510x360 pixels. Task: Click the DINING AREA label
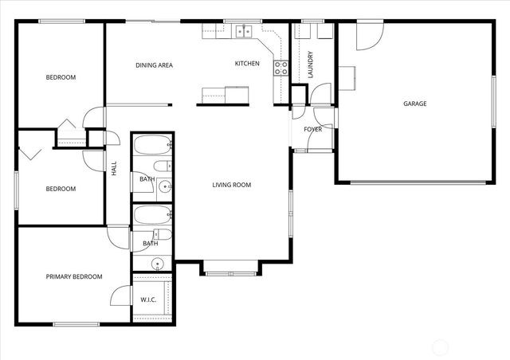pyautogui.click(x=154, y=65)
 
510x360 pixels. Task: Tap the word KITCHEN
pyautogui.click(x=246, y=64)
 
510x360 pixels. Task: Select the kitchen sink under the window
pyautogui.click(x=243, y=32)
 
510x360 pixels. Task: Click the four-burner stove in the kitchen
pyautogui.click(x=280, y=68)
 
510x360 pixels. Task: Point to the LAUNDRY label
pyautogui.click(x=309, y=64)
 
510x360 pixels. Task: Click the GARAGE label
pyautogui.click(x=414, y=104)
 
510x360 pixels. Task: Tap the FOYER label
pyautogui.click(x=312, y=129)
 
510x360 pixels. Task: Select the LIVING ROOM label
pyautogui.click(x=231, y=185)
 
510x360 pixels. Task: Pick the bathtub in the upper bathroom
pyautogui.click(x=152, y=147)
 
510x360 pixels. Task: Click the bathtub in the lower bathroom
pyautogui.click(x=152, y=214)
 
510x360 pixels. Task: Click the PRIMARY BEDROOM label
pyautogui.click(x=73, y=276)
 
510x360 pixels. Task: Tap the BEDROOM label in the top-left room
pyautogui.click(x=61, y=77)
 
